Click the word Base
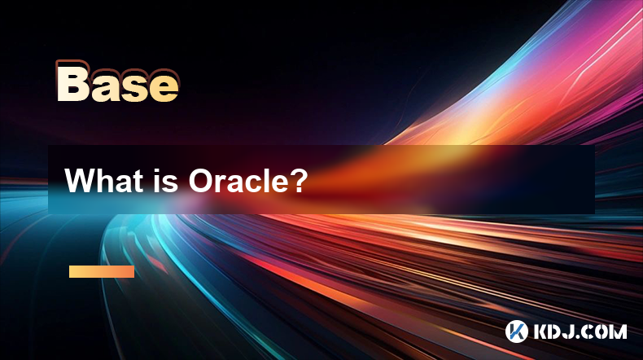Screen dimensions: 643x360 point(118,81)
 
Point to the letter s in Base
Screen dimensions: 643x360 point(134,86)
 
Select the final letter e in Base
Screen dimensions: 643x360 point(164,86)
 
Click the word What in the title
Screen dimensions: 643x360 point(102,180)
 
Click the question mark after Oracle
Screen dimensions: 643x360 point(296,180)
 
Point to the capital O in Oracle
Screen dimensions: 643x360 point(201,180)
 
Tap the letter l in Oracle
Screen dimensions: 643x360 point(265,180)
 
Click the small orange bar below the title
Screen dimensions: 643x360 point(102,271)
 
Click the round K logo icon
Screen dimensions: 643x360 point(516,331)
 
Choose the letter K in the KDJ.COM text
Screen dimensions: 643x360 point(541,331)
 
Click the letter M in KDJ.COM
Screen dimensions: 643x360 point(618,331)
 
